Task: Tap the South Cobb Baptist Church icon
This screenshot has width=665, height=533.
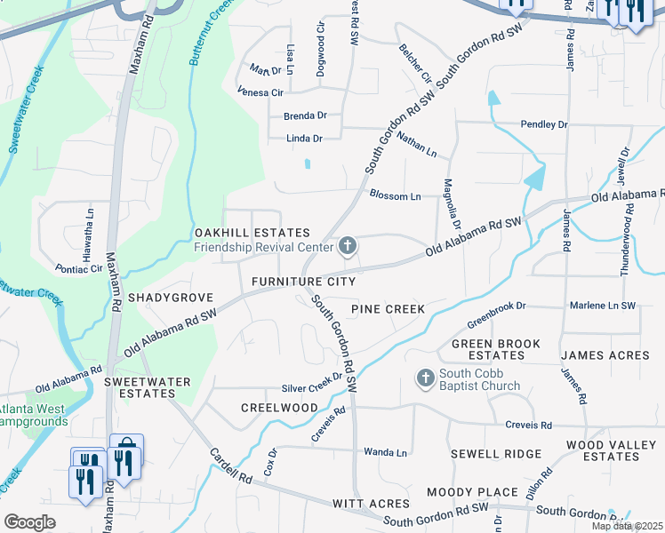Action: point(426,378)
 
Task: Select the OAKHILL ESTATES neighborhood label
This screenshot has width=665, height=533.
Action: point(252,232)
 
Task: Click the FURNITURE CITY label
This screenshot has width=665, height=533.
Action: point(303,282)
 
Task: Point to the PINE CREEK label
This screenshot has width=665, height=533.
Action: point(388,309)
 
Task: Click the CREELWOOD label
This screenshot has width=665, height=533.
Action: point(279,407)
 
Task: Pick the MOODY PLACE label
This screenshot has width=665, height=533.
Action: point(472,492)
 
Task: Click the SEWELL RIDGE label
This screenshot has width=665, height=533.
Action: point(496,454)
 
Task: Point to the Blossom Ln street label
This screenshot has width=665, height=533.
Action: point(394,195)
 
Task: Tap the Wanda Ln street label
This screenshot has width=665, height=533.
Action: point(385,452)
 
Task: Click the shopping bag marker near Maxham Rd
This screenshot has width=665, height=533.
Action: point(126,447)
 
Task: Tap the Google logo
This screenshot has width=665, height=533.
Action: point(29,522)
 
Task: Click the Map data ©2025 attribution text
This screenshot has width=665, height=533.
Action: point(628,526)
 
